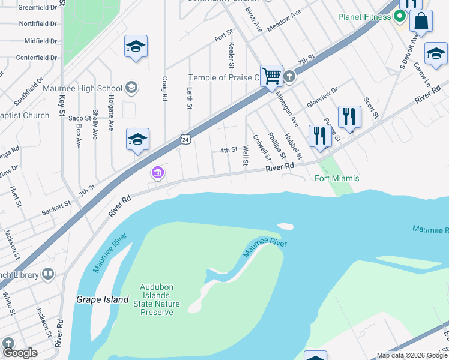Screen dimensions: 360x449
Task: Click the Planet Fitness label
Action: click(x=364, y=17)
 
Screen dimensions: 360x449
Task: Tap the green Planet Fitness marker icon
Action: click(x=398, y=17)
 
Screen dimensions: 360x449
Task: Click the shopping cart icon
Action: click(x=272, y=76)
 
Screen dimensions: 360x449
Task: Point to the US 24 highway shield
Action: click(x=187, y=139)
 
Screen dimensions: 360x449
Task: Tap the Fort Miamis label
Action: click(x=337, y=178)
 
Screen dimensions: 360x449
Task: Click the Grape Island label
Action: click(x=103, y=299)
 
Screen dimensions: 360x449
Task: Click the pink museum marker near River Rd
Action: click(x=158, y=173)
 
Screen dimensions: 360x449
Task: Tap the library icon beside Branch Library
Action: click(x=48, y=275)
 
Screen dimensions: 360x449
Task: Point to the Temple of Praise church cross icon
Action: click(x=289, y=76)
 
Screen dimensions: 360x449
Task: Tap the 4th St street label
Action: click(x=229, y=150)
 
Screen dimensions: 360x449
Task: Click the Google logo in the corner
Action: click(x=19, y=353)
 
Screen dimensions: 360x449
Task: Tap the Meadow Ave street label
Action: click(x=284, y=22)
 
